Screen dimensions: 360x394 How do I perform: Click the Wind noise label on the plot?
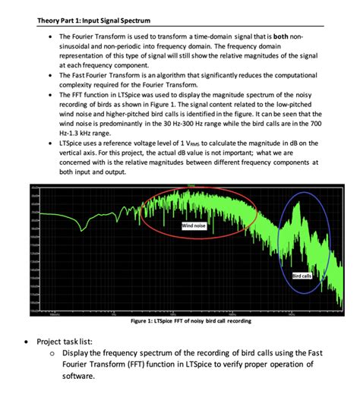[192, 225]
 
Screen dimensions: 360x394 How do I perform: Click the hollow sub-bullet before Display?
[52, 352]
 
